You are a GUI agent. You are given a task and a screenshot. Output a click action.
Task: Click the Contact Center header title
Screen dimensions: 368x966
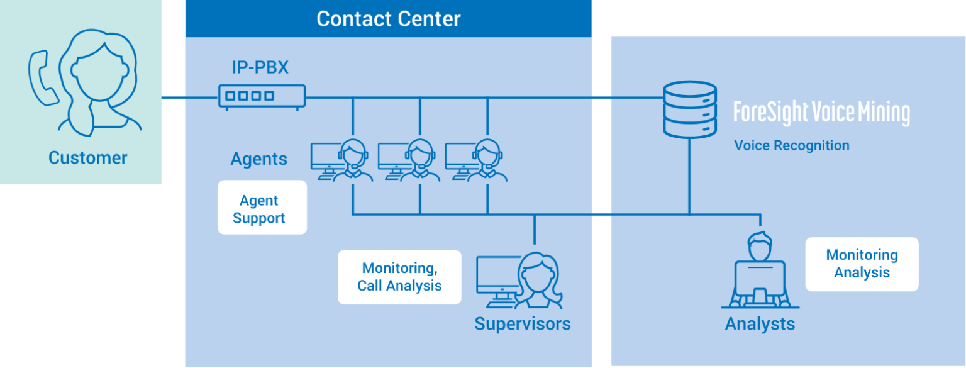pyautogui.click(x=388, y=19)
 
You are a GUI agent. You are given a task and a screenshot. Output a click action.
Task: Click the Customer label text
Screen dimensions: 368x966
pyautogui.click(x=87, y=157)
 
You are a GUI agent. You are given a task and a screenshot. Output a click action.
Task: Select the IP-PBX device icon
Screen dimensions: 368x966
pyautogui.click(x=262, y=96)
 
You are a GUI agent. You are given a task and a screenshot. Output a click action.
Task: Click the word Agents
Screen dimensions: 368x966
pyautogui.click(x=258, y=159)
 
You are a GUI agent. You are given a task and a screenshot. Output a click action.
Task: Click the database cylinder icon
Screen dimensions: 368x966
pyautogui.click(x=690, y=109)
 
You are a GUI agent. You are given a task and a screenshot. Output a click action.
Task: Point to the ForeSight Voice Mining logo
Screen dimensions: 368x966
pyautogui.click(x=821, y=113)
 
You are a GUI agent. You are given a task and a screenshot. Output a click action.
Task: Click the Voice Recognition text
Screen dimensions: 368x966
pyautogui.click(x=792, y=146)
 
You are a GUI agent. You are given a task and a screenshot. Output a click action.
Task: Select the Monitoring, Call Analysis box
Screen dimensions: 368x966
pyautogui.click(x=399, y=277)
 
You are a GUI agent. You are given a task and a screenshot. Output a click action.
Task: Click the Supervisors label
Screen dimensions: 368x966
pyautogui.click(x=522, y=324)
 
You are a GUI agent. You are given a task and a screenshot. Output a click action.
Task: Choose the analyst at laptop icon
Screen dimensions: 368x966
pyautogui.click(x=760, y=270)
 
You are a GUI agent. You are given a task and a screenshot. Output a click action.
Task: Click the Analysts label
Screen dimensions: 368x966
pyautogui.click(x=760, y=324)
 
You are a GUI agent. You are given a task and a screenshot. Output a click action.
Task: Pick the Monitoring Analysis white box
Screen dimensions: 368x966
pyautogui.click(x=862, y=264)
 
